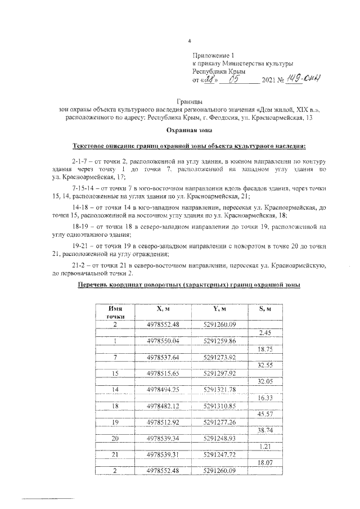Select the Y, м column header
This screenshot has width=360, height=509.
click(x=219, y=309)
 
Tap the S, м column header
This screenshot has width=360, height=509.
click(x=264, y=309)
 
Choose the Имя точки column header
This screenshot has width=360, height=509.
click(x=116, y=313)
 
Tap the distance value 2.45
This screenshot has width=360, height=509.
click(x=264, y=333)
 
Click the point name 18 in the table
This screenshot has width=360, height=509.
click(x=115, y=406)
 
